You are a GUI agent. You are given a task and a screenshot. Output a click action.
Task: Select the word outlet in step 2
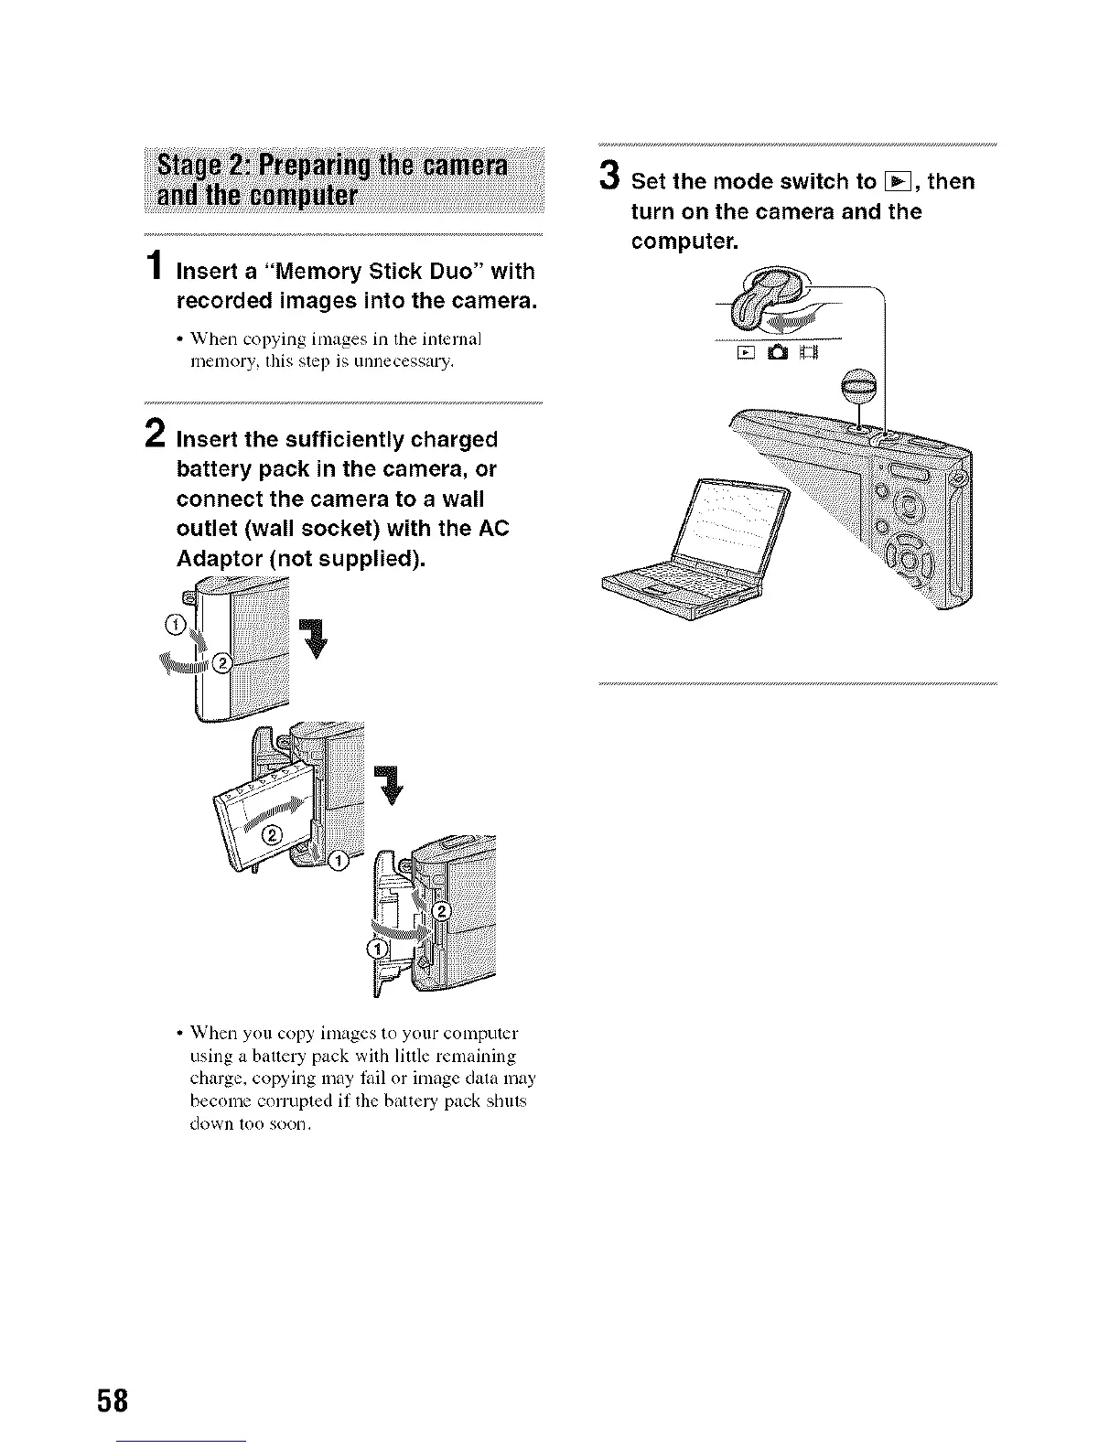coord(206,529)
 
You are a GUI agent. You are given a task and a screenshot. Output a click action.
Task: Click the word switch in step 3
coord(824,182)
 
